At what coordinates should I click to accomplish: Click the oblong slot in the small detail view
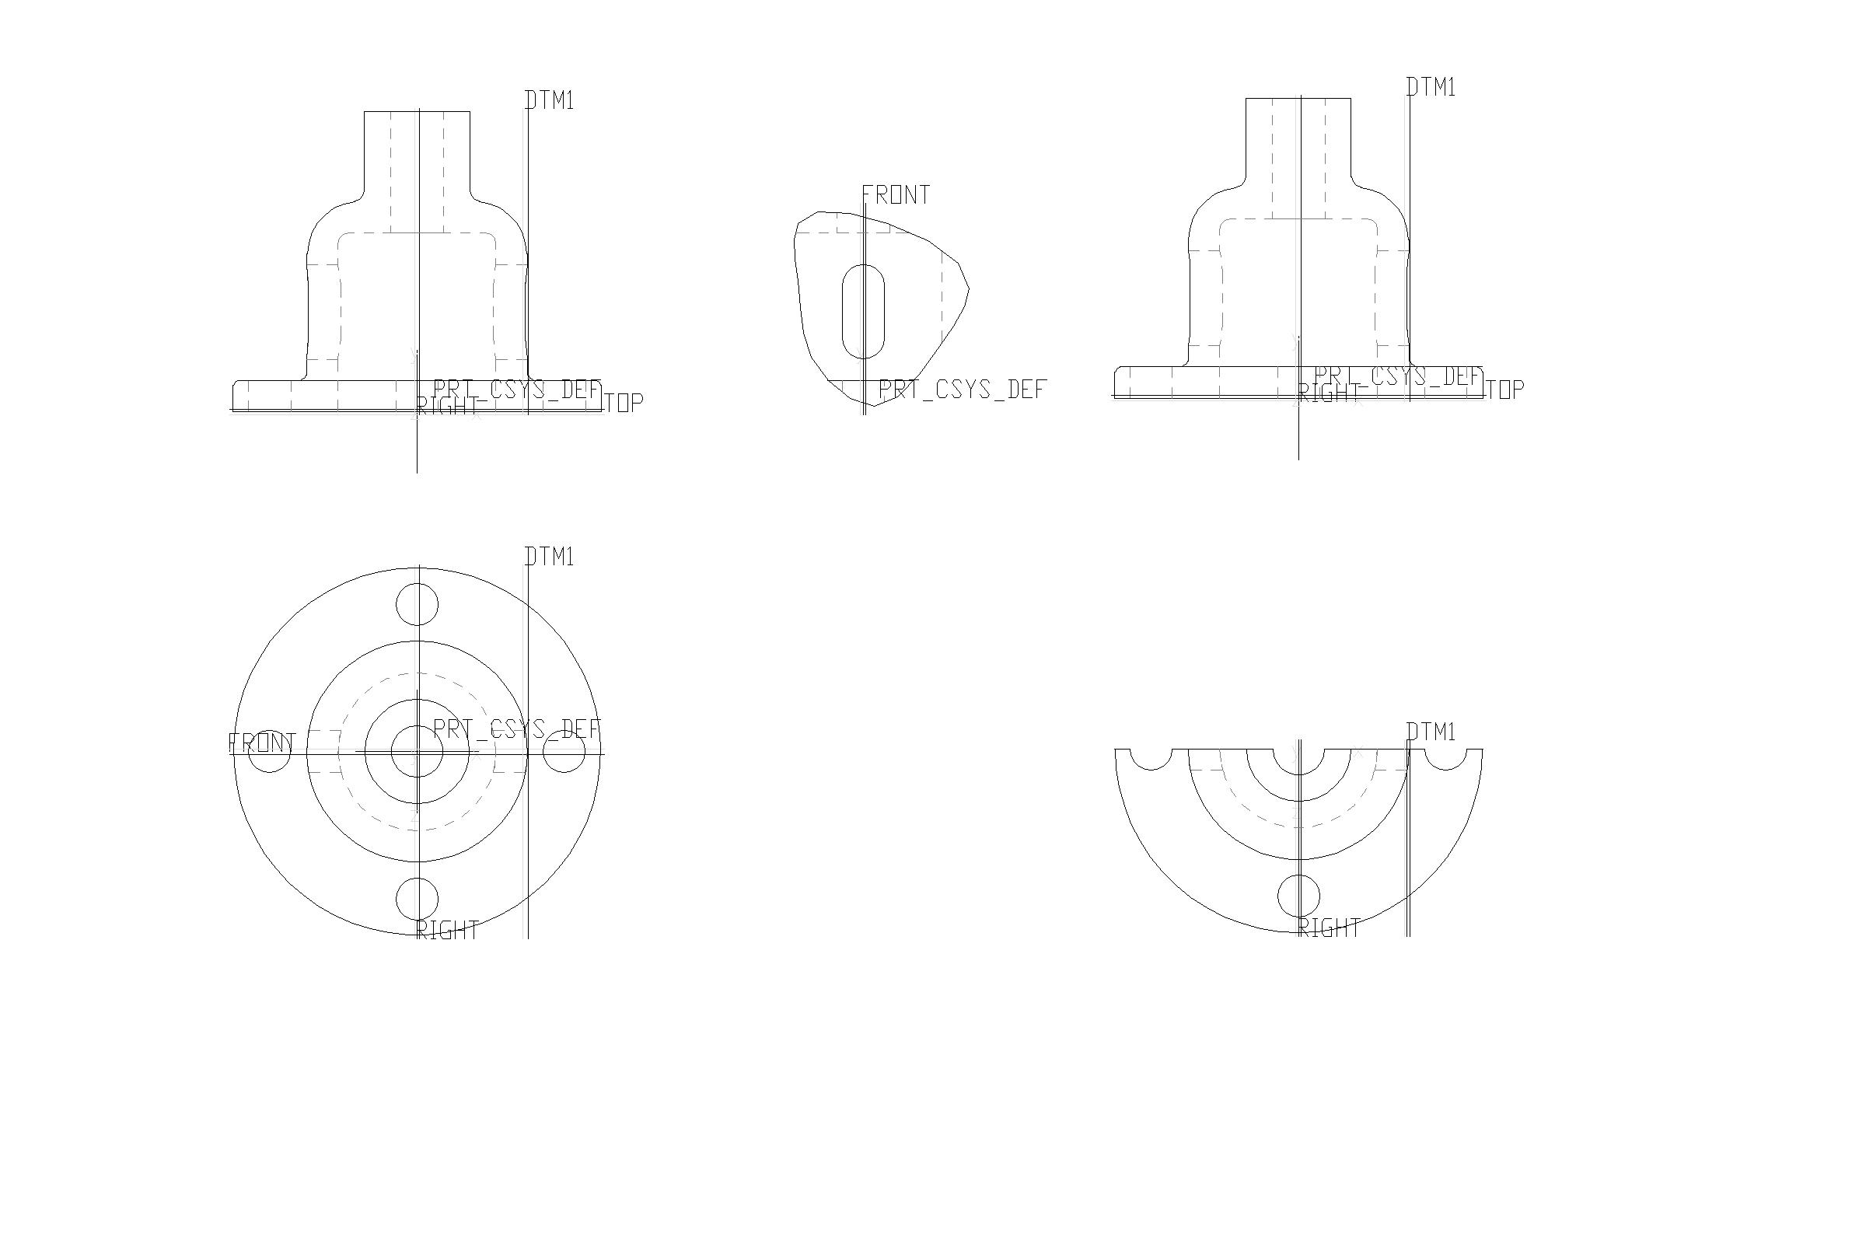(862, 311)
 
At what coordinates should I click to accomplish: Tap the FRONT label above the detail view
(896, 195)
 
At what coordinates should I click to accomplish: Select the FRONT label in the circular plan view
(262, 743)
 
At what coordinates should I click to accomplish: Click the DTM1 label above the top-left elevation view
(550, 101)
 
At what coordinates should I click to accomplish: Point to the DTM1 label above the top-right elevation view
(1431, 87)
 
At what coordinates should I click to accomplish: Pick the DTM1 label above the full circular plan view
(550, 557)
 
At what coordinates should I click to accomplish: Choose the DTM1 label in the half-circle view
(1431, 732)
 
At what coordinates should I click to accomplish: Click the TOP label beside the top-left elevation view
(624, 403)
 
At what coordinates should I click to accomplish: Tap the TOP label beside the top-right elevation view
(1504, 390)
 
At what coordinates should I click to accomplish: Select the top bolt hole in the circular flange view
(418, 605)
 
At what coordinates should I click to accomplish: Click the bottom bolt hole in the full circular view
(418, 898)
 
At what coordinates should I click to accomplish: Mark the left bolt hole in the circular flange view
(270, 752)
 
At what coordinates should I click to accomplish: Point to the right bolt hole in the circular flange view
(564, 752)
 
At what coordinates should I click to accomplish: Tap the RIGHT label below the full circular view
(449, 931)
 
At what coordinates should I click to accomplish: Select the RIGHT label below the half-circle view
(1330, 928)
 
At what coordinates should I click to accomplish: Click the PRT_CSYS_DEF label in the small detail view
(963, 390)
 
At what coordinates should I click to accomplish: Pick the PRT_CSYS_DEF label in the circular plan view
(517, 729)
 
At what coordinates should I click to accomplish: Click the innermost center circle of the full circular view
(418, 751)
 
